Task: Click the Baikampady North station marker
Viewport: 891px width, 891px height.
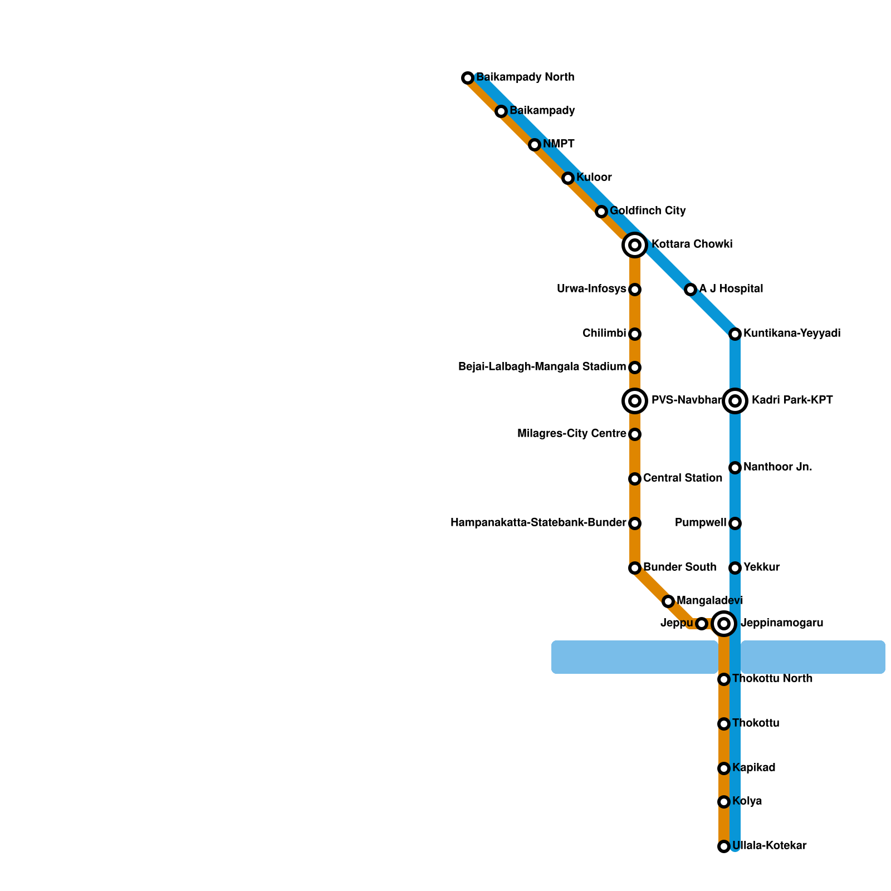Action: [468, 78]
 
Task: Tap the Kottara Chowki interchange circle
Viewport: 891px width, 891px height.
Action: [634, 245]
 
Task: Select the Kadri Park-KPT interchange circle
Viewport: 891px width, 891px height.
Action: [735, 401]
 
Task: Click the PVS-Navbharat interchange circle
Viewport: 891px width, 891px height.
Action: [634, 401]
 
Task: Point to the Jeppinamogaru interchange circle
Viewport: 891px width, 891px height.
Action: [723, 624]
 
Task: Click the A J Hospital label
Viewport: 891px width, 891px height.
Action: [731, 289]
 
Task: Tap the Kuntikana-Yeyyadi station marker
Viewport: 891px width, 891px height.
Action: [735, 334]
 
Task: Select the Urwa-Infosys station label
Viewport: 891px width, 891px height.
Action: [591, 289]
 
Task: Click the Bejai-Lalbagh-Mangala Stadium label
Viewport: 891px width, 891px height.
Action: [542, 367]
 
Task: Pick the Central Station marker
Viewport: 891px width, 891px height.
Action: [635, 479]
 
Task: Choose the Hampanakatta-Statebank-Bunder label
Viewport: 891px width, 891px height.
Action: [538, 523]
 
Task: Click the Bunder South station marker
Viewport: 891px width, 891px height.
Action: [635, 568]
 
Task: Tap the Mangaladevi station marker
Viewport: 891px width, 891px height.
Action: [668, 601]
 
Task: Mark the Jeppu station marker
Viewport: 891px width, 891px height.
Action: [702, 624]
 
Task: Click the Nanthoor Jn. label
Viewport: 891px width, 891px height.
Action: [777, 467]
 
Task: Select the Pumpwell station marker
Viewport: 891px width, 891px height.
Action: [735, 523]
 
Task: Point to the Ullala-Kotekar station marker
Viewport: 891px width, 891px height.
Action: [724, 846]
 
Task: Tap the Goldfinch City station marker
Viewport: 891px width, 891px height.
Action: [601, 212]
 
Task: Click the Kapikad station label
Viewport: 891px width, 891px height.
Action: [754, 768]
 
